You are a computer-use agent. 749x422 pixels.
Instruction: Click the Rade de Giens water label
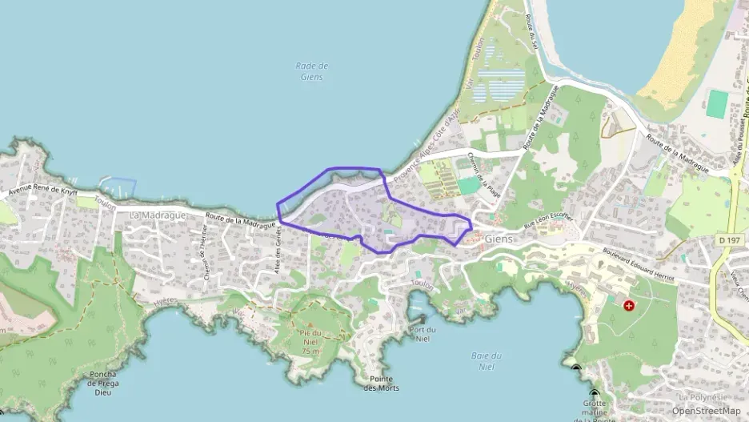pos(312,71)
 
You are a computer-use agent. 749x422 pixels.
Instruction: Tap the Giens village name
pos(499,239)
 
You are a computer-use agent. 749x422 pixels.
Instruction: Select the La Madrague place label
pos(158,215)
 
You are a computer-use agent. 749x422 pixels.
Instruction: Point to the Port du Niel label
pos(422,334)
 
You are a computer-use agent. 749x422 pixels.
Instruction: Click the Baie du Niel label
pos(486,361)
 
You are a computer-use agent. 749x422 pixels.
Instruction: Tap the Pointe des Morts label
pos(381,384)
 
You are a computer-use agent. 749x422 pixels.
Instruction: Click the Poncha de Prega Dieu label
pos(104,383)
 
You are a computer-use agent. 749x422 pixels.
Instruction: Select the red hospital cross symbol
pos(628,305)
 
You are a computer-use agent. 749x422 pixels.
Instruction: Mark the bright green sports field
pos(718,102)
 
